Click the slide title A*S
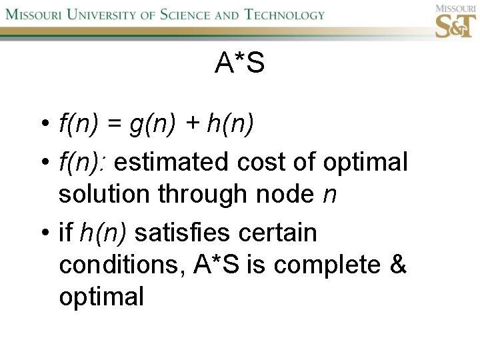pyautogui.click(x=240, y=63)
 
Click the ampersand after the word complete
pyautogui.click(x=398, y=265)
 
